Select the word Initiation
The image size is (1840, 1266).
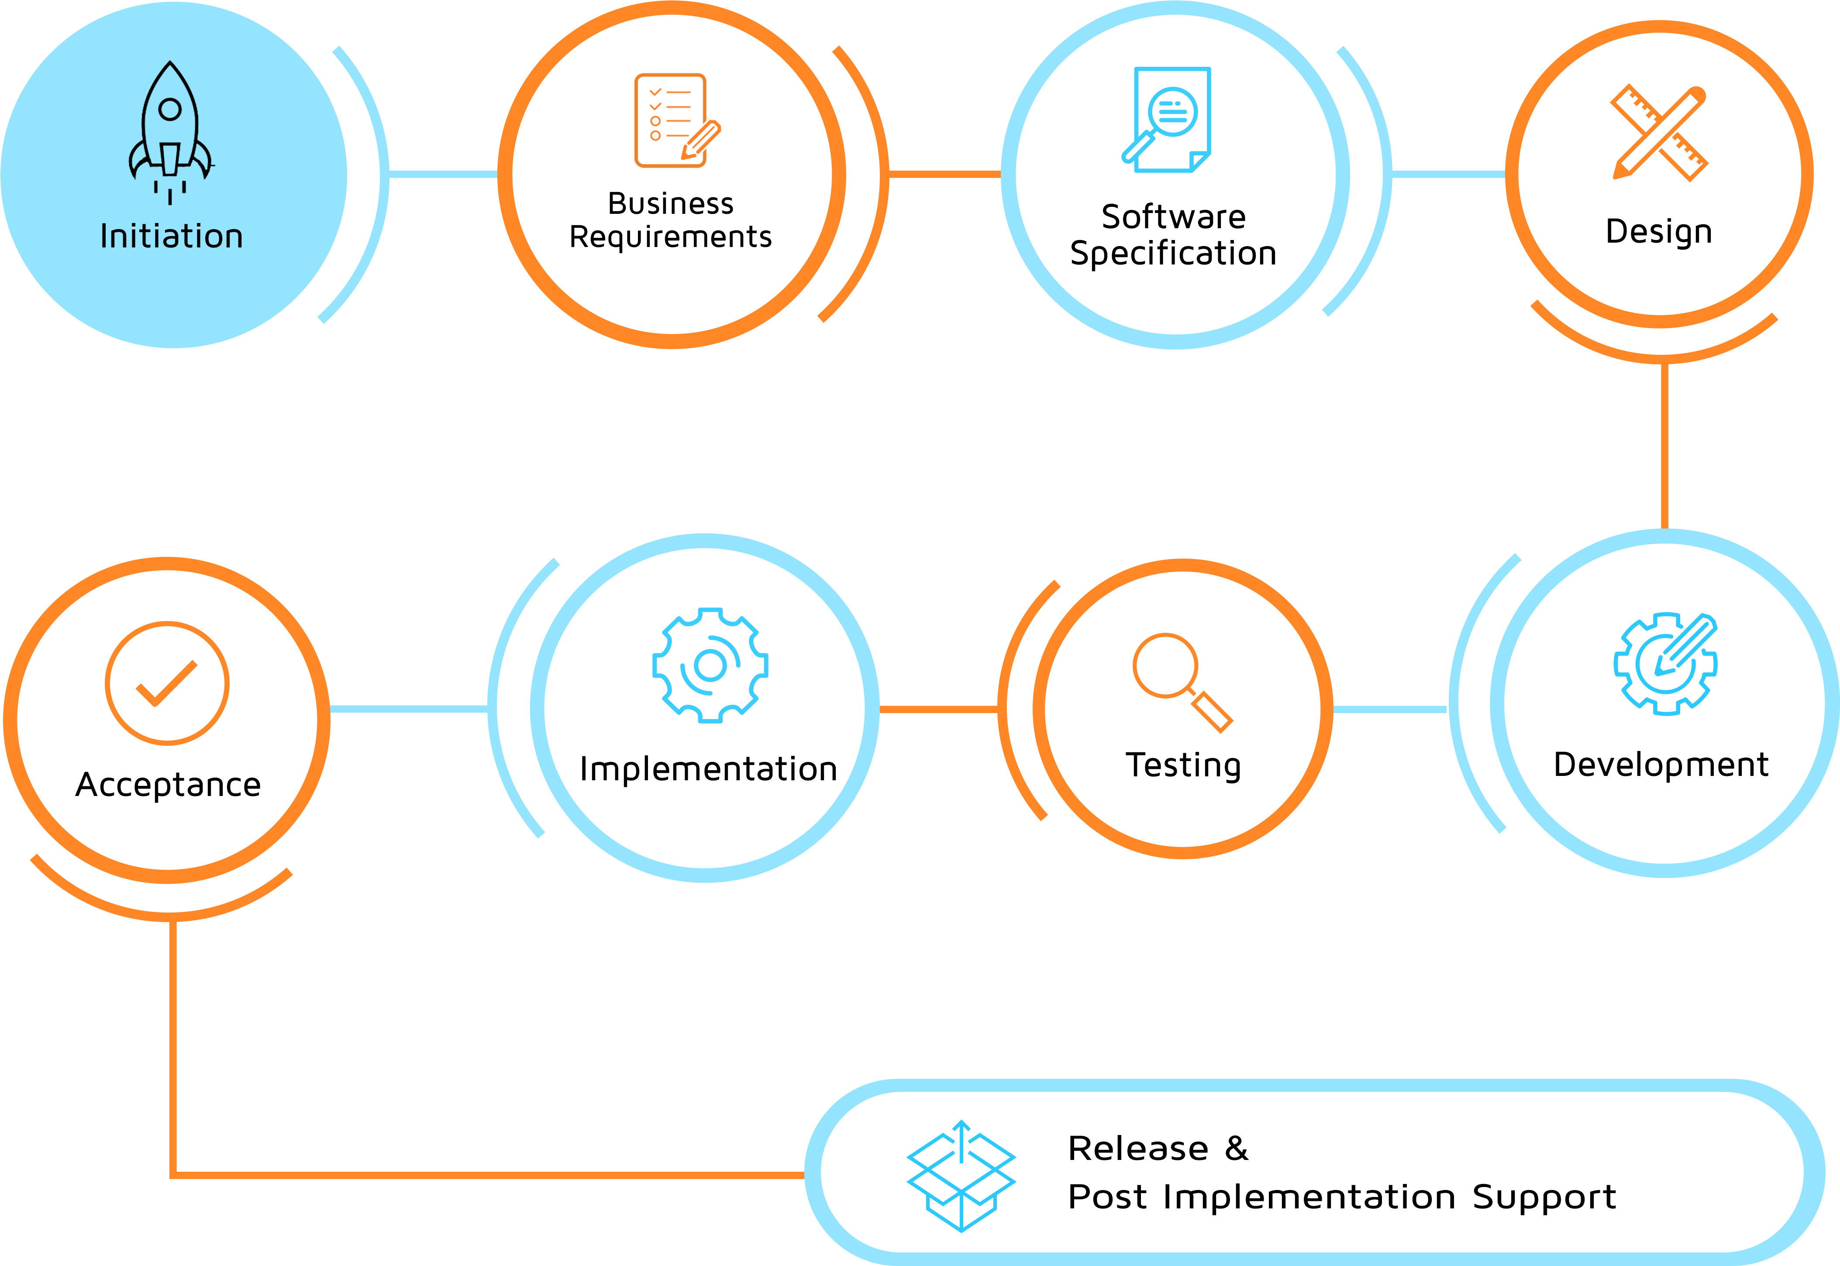pos(172,237)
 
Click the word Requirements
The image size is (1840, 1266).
pos(671,237)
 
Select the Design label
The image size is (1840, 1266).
pos(1658,232)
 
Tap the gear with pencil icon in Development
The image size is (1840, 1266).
pos(1664,663)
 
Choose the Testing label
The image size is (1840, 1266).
pos(1183,765)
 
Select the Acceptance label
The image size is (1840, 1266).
pos(168,785)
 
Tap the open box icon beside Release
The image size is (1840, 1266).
pos(961,1176)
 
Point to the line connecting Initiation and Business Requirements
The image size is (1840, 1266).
pos(443,174)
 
